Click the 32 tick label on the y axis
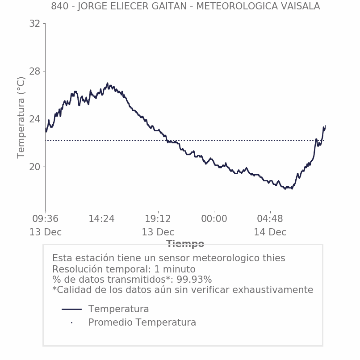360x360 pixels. click(34, 24)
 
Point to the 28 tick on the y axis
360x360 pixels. click(34, 71)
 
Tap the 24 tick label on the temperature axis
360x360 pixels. click(34, 119)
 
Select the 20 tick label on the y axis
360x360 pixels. click(34, 167)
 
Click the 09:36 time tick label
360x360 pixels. click(46, 219)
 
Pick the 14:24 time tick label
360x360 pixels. click(102, 219)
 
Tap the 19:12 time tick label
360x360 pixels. click(158, 219)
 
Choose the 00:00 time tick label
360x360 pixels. click(214, 219)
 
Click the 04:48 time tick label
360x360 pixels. click(270, 219)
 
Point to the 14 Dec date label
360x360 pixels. click(270, 232)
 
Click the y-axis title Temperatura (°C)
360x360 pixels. click(21, 117)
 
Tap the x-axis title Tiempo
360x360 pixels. click(185, 244)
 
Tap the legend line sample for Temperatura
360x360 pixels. click(71, 309)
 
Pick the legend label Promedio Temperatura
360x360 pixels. click(142, 322)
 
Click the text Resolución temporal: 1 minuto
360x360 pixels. click(124, 269)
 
